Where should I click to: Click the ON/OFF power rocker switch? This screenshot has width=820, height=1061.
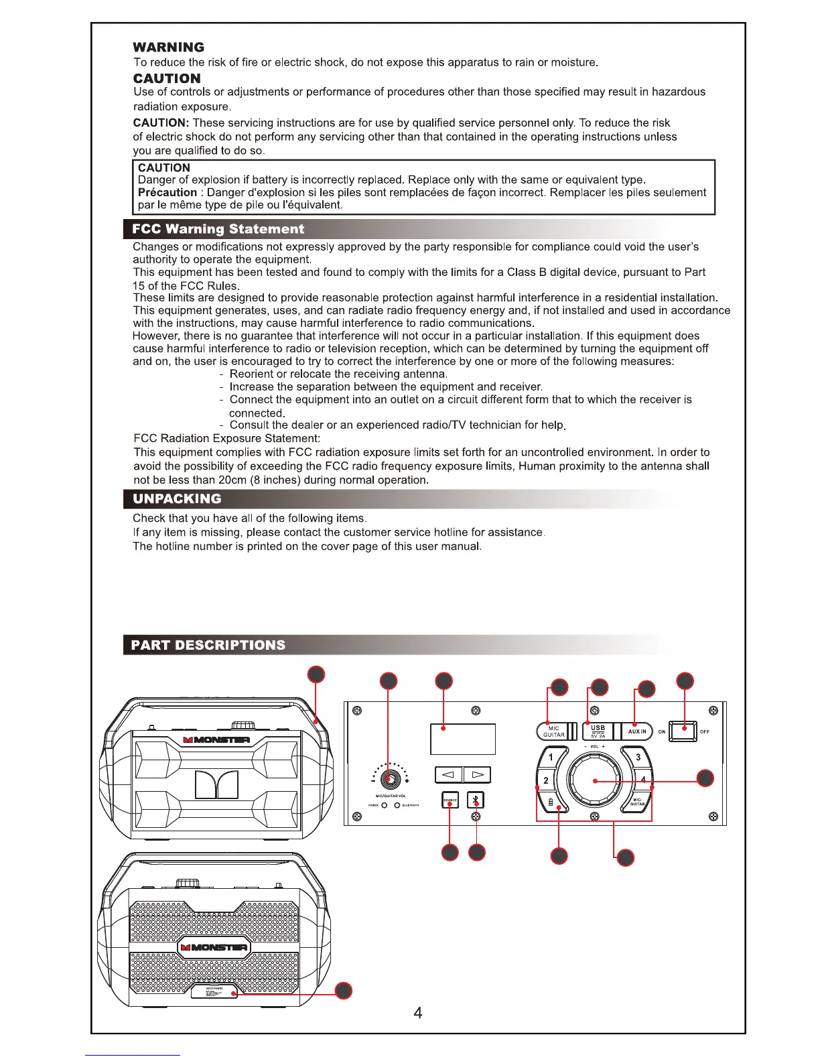(x=683, y=731)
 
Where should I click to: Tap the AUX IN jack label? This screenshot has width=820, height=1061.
(x=637, y=731)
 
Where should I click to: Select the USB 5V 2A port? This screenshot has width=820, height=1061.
(x=598, y=731)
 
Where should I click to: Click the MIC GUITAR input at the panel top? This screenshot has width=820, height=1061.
(x=555, y=731)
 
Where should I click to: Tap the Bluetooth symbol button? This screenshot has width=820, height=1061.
(x=476, y=800)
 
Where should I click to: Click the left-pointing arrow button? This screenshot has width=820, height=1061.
(x=449, y=775)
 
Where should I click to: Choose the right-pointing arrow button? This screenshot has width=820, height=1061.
(x=477, y=775)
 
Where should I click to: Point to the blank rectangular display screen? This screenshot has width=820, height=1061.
(x=463, y=739)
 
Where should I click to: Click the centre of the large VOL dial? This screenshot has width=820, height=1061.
(x=595, y=781)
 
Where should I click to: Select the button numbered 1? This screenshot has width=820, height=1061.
(x=551, y=758)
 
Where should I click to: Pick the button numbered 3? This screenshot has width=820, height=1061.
(x=638, y=758)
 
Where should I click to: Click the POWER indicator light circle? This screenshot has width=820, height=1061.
(x=385, y=805)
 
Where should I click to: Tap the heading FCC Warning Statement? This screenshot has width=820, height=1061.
(x=218, y=229)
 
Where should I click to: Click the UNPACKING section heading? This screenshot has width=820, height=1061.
(x=177, y=499)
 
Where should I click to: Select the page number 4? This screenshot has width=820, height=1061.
(x=418, y=1013)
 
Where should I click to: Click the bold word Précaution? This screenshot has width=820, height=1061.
(x=167, y=193)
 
